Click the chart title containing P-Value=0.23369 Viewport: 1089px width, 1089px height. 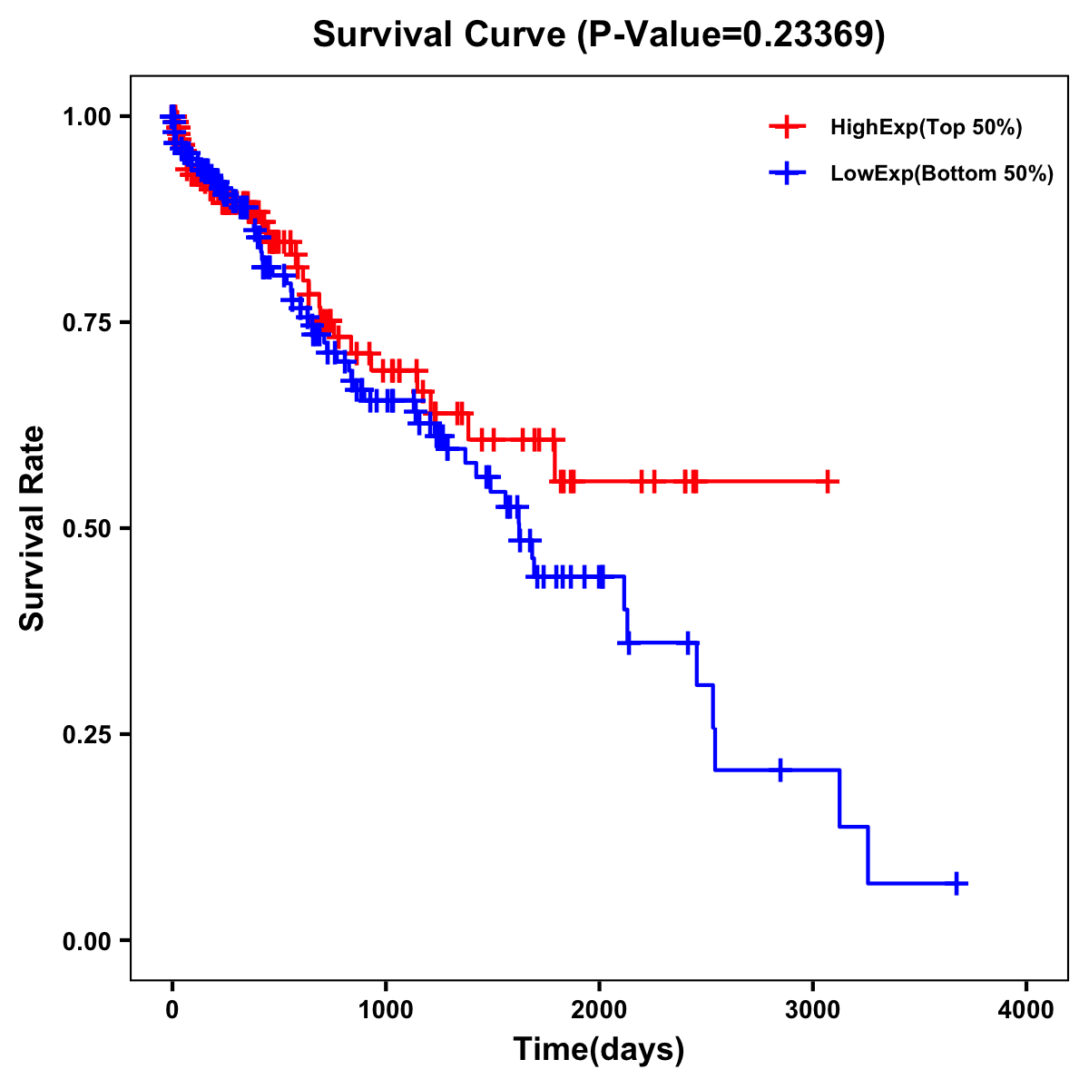click(x=598, y=34)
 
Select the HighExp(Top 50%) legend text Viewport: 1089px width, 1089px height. click(x=926, y=128)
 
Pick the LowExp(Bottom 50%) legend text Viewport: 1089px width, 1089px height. click(x=942, y=174)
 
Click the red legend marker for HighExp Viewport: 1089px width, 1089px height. click(x=787, y=128)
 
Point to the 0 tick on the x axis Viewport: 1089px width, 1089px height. click(x=172, y=1010)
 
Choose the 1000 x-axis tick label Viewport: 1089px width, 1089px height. click(x=386, y=1010)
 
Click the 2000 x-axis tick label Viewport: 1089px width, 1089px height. click(x=599, y=1010)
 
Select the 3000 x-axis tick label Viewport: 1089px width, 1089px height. click(x=813, y=1010)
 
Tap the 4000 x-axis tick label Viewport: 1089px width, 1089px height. click(x=1026, y=1010)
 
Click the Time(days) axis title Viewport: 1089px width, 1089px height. click(x=599, y=1050)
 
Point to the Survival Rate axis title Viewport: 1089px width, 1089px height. click(x=33, y=528)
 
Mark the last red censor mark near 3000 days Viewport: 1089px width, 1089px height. click(x=828, y=482)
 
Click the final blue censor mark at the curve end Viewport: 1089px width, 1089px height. click(x=957, y=883)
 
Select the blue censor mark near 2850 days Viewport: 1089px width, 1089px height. click(x=780, y=770)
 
